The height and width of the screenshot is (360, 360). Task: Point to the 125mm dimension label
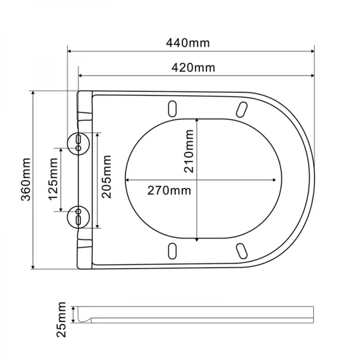pyautogui.click(x=53, y=179)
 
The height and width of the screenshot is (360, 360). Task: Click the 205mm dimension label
pyautogui.click(x=107, y=179)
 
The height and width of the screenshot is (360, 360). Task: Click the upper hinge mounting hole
pyautogui.click(x=79, y=142)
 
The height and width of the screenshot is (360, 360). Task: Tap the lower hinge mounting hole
pyautogui.click(x=79, y=217)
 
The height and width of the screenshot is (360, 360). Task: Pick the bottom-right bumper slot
pyautogui.click(x=242, y=250)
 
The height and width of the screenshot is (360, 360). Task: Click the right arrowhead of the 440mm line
pyautogui.click(x=312, y=52)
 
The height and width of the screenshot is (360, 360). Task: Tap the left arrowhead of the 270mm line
pyautogui.click(x=128, y=179)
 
